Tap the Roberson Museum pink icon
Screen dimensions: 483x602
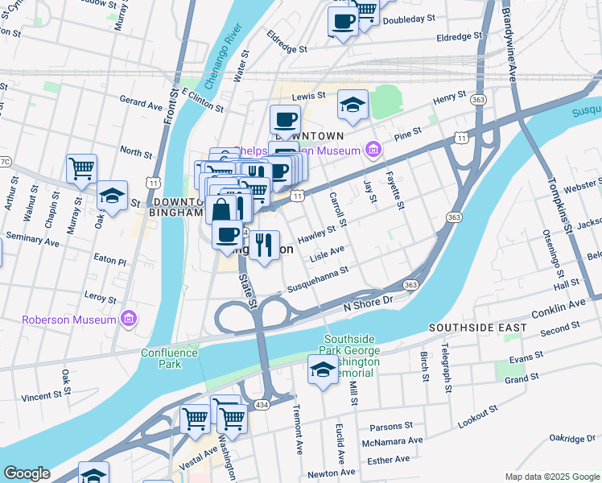click(127, 320)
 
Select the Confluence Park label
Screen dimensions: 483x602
click(169, 358)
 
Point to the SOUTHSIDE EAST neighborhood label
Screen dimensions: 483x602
click(477, 328)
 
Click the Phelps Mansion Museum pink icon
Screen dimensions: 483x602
click(372, 150)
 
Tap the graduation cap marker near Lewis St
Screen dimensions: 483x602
click(353, 104)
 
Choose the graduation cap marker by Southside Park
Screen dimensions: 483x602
click(323, 369)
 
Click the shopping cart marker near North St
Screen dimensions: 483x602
click(81, 169)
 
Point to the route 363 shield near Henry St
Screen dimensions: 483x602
click(479, 99)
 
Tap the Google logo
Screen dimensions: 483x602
click(27, 473)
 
